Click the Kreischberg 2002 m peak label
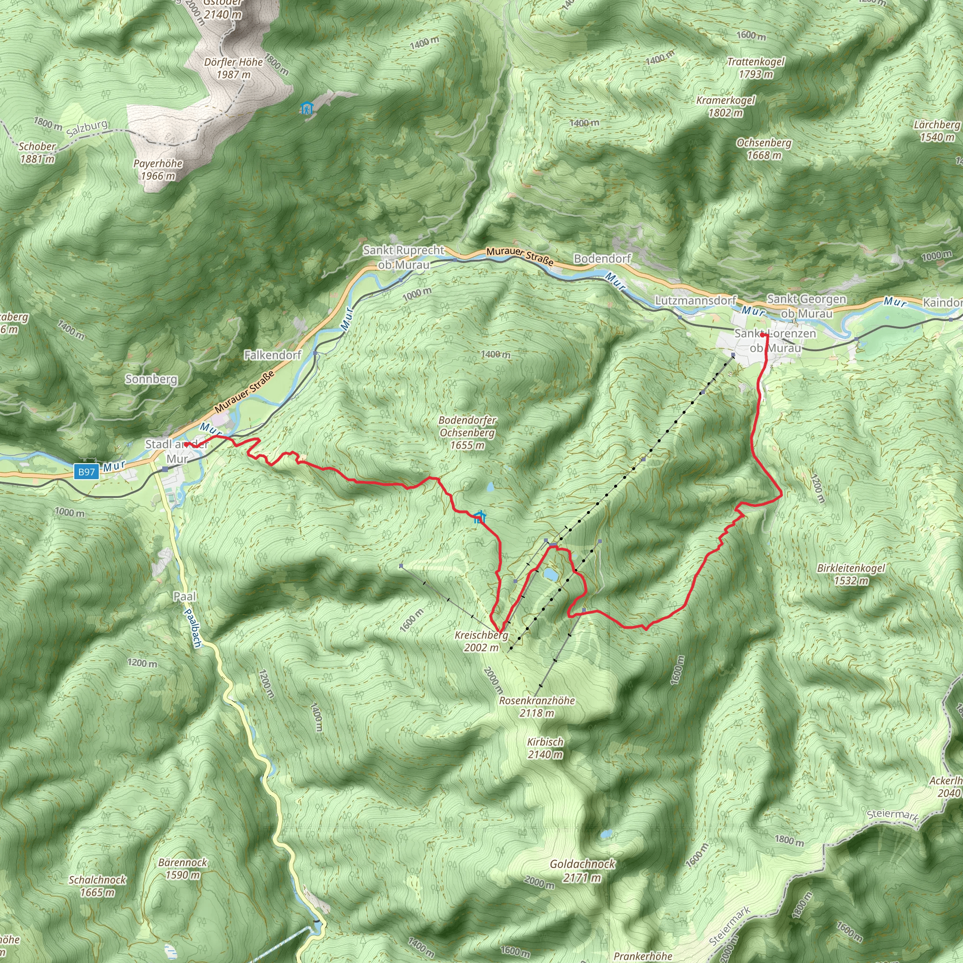coord(481,641)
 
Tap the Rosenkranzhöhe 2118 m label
coord(537,707)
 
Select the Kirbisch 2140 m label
coord(545,748)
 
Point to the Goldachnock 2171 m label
coord(582,871)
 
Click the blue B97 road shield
coord(86,472)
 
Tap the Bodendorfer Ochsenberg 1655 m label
coord(467,433)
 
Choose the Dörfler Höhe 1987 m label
coord(233,68)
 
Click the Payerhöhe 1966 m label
coord(158,169)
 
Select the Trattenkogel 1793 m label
coord(756,68)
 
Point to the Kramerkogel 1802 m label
coord(725,106)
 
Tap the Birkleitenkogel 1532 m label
coord(851,574)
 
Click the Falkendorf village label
coord(273,355)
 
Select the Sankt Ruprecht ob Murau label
coord(404,257)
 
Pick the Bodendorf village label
coord(602,259)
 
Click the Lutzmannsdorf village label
coord(695,300)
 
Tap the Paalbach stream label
coord(192,628)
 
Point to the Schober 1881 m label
coord(37,152)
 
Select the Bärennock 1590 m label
coord(182,869)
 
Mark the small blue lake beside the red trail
coord(551,574)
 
